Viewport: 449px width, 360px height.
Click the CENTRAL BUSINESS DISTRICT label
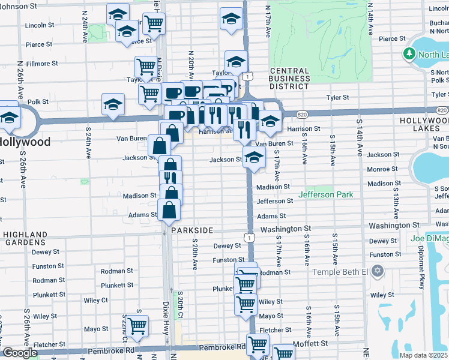pyautogui.click(x=289, y=79)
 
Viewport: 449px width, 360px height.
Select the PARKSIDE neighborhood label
pyautogui.click(x=192, y=230)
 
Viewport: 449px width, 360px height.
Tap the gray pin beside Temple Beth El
pyautogui.click(x=377, y=272)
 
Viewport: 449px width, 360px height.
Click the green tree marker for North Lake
pyautogui.click(x=409, y=55)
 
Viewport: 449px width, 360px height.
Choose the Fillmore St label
pyautogui.click(x=42, y=63)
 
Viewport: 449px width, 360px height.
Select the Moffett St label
pyautogui.click(x=312, y=344)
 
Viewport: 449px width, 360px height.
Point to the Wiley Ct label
pyautogui.click(x=95, y=299)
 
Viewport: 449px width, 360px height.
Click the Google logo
pyautogui.click(x=19, y=353)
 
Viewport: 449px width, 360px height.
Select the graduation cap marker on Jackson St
pyautogui.click(x=255, y=158)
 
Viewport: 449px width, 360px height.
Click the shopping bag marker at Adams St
pyautogui.click(x=169, y=210)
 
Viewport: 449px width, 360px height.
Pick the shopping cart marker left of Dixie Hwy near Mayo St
pyautogui.click(x=137, y=326)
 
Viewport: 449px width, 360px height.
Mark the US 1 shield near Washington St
pyautogui.click(x=248, y=238)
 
